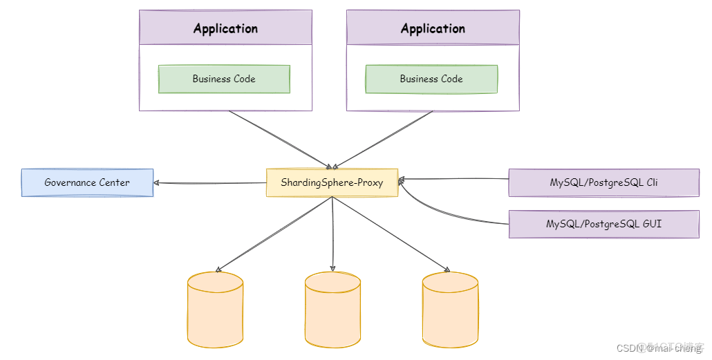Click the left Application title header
[225, 28]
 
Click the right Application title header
[433, 28]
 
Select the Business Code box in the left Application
[224, 79]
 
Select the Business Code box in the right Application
[431, 79]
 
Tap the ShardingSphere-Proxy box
[332, 182]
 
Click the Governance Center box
[87, 182]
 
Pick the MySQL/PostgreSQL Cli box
[603, 182]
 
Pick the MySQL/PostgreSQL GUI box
[603, 225]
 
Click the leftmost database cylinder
[215, 309]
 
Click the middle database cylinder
[332, 309]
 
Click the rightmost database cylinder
[450, 309]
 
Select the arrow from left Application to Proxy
[281, 139]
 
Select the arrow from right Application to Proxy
[384, 139]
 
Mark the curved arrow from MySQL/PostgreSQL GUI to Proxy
[442, 217]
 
